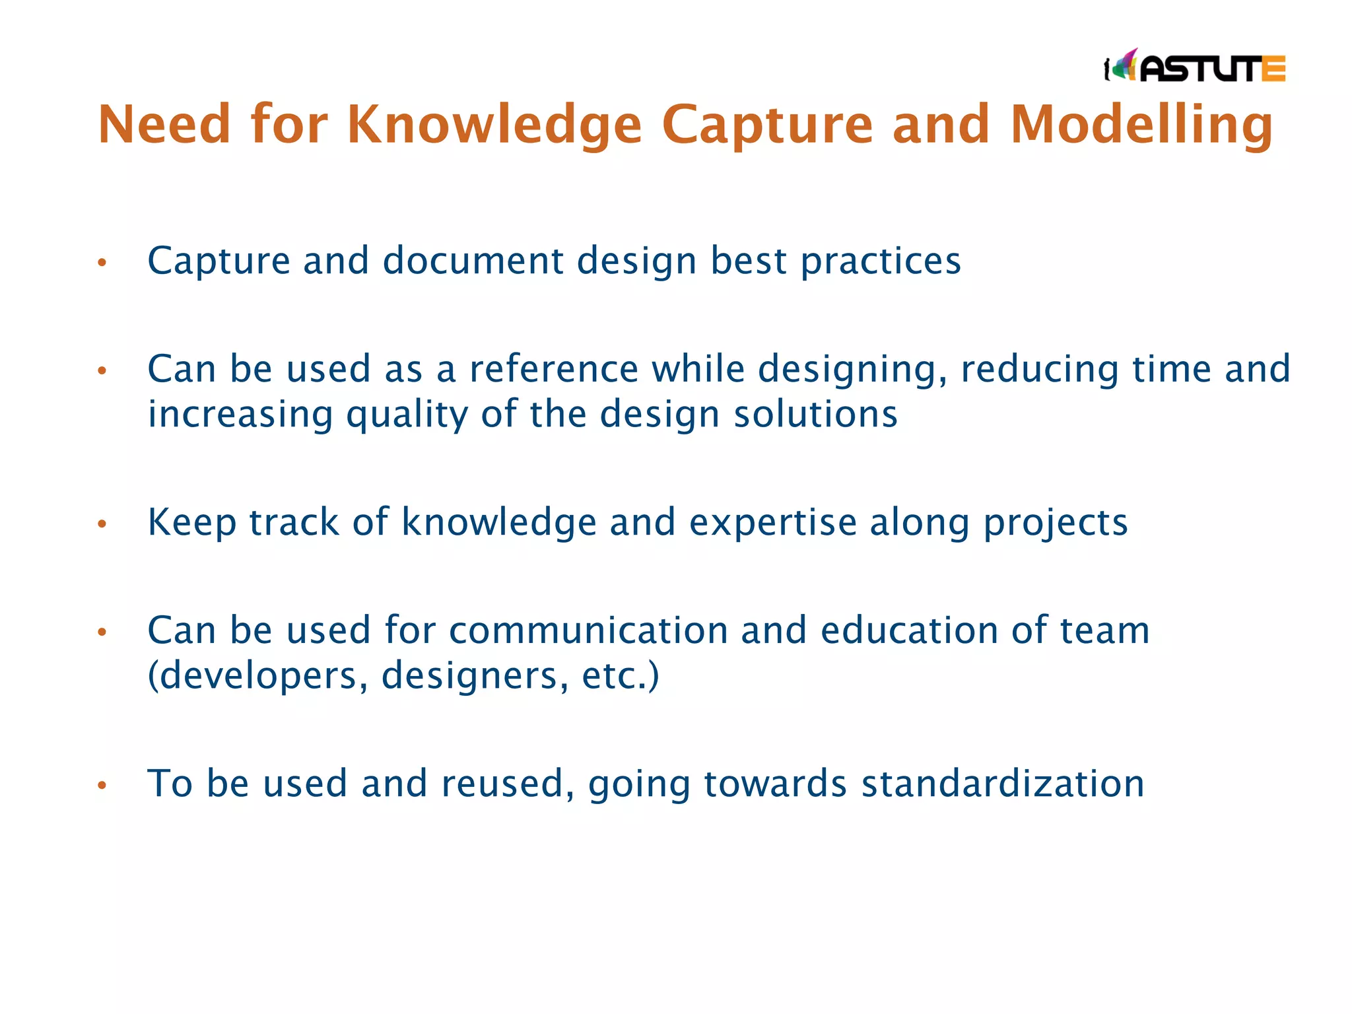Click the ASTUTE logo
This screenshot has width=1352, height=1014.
(1195, 67)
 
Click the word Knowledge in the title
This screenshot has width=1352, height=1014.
(494, 125)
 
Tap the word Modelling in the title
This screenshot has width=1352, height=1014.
(1141, 125)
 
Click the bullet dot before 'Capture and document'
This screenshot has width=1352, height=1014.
(102, 263)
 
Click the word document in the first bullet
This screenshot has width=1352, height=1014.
(473, 261)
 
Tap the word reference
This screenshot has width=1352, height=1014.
(553, 369)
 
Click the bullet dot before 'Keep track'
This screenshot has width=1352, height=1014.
(102, 524)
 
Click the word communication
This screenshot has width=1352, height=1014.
(588, 630)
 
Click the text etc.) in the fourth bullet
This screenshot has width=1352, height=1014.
(620, 676)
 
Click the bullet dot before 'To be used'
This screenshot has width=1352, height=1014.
(102, 786)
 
